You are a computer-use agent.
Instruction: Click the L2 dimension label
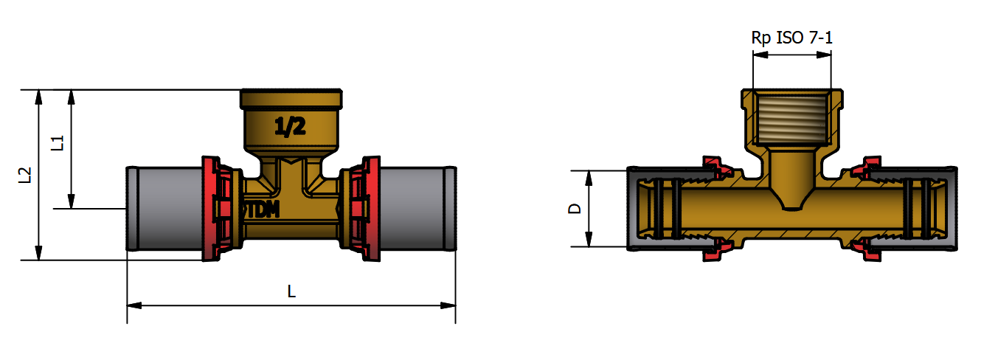point(25,175)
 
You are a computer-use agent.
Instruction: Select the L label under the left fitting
point(291,291)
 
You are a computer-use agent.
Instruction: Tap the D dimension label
point(575,208)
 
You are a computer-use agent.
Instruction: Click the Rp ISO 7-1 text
point(791,38)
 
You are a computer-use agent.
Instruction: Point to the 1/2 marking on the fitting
point(290,128)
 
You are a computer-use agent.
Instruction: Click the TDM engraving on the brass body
point(263,210)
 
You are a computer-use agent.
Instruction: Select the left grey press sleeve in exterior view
point(165,209)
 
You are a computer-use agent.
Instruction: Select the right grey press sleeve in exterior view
point(417,209)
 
